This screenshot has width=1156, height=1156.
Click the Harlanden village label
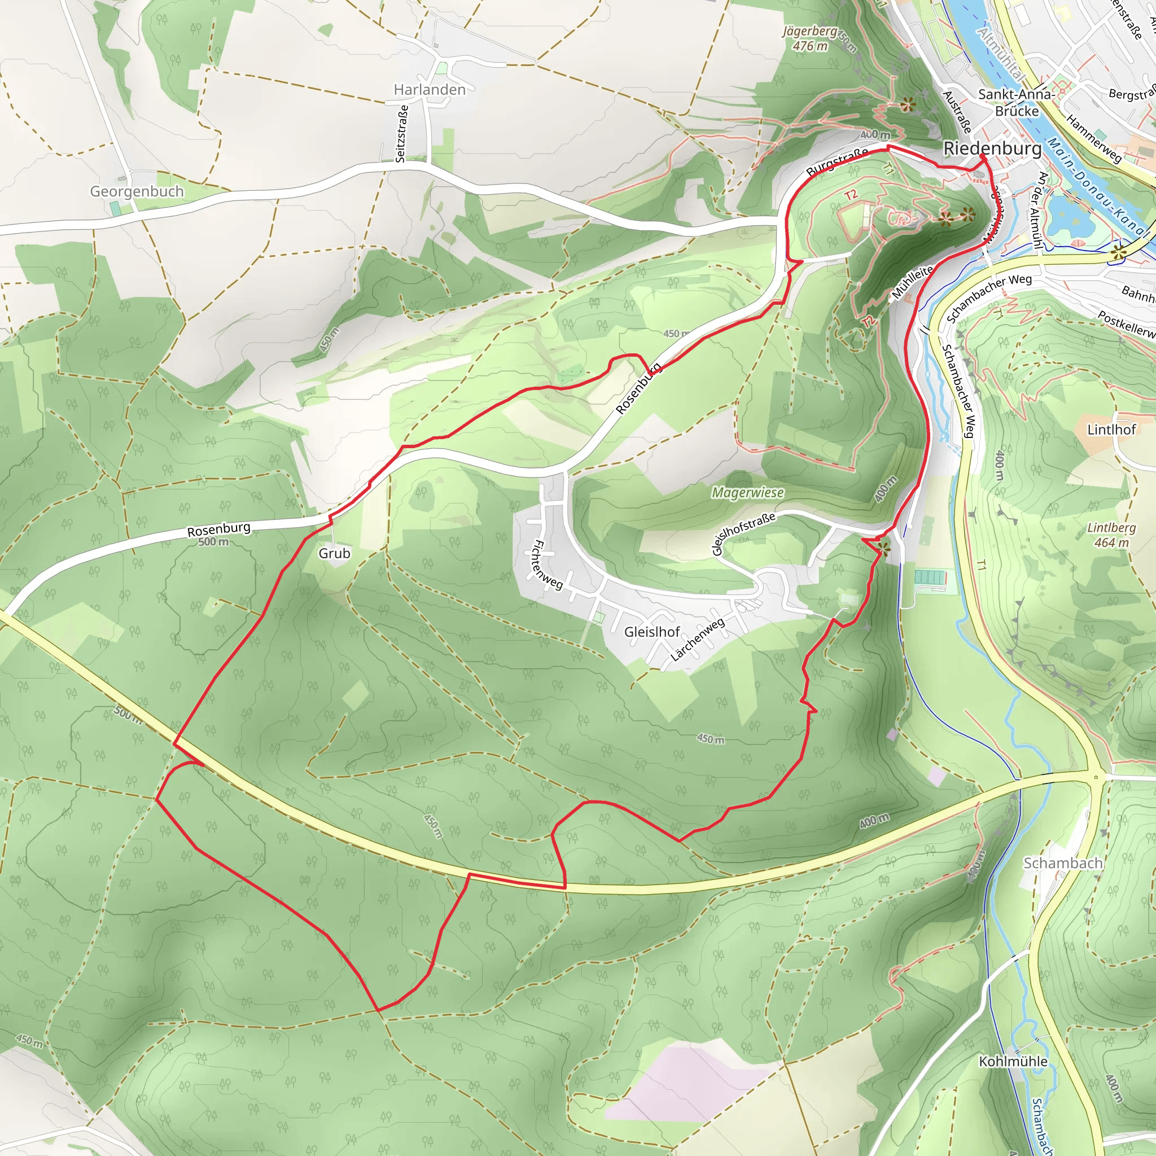[429, 90]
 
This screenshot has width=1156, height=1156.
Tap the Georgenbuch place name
[137, 191]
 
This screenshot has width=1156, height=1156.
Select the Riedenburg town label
[992, 149]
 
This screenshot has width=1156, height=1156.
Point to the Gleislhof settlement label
[651, 632]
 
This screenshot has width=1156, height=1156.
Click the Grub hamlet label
[334, 554]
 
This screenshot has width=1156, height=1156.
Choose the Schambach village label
[1063, 863]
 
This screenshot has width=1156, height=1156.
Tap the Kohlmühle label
[1013, 1061]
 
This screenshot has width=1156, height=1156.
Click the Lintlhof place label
[1111, 430]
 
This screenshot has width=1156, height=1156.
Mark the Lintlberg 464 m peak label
[1111, 535]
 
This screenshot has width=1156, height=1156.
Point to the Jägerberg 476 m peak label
[809, 38]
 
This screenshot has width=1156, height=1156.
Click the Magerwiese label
[747, 492]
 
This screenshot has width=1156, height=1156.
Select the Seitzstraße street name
[402, 133]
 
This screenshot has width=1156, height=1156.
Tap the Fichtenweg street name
[548, 565]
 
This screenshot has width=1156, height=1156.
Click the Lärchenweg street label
[697, 640]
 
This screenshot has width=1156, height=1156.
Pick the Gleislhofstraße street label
[743, 532]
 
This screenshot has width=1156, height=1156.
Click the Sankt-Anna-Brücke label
[1017, 102]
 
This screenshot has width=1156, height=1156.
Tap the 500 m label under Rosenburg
[213, 542]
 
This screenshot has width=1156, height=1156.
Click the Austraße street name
[957, 112]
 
